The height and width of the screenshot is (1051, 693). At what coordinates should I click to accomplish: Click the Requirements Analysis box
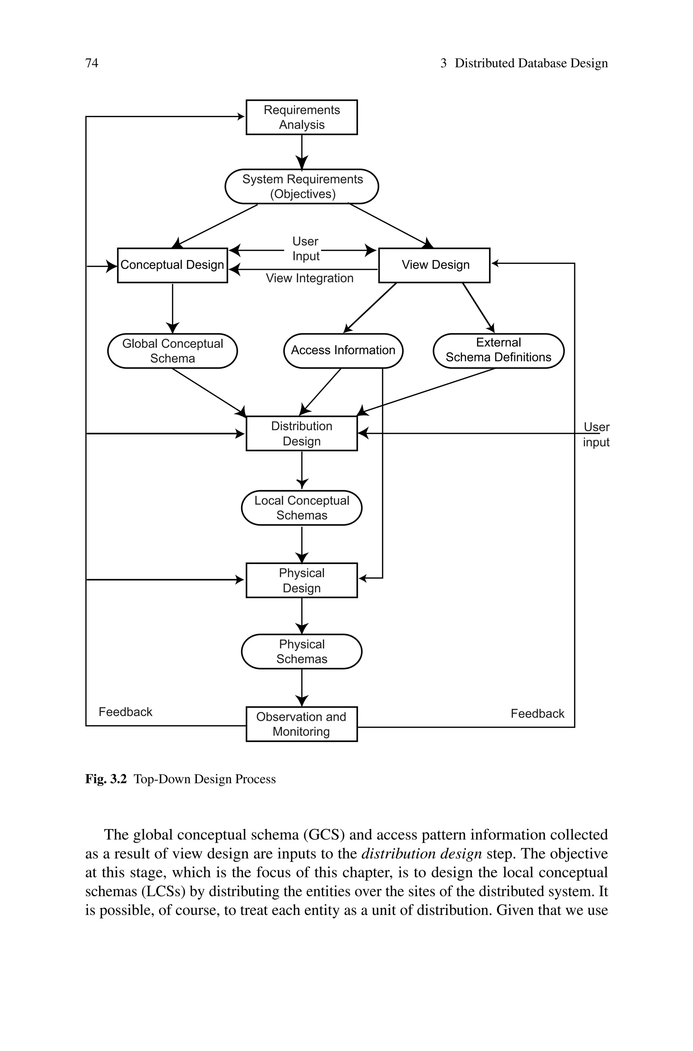coord(301,117)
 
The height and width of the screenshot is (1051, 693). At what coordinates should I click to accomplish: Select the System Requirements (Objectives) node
coord(302,186)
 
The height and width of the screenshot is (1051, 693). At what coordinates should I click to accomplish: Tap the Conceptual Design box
coord(172,265)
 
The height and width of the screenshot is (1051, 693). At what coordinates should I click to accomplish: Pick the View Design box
coord(434,265)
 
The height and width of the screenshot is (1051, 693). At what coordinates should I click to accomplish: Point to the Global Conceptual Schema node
coord(172,351)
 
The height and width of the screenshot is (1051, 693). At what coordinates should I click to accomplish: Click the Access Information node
coord(343,350)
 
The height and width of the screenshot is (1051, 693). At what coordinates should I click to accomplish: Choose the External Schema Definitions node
coord(498,350)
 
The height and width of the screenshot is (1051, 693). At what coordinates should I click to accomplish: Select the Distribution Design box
coord(301,434)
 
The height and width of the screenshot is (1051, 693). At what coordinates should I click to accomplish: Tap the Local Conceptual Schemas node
coord(301,508)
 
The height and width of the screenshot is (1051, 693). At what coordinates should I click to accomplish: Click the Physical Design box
coord(301,580)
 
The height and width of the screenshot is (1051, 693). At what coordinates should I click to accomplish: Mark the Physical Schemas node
coord(301,652)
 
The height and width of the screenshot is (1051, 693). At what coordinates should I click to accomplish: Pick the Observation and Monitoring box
coord(301,724)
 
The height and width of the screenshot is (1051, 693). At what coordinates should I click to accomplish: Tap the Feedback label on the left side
coord(125,712)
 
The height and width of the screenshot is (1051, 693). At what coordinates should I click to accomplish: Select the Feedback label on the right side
coord(537,714)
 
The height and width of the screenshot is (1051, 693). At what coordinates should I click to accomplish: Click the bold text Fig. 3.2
coord(106,779)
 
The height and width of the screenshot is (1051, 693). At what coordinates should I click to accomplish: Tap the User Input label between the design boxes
coord(306,249)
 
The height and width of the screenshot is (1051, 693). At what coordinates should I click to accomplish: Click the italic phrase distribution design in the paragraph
coord(422,853)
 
